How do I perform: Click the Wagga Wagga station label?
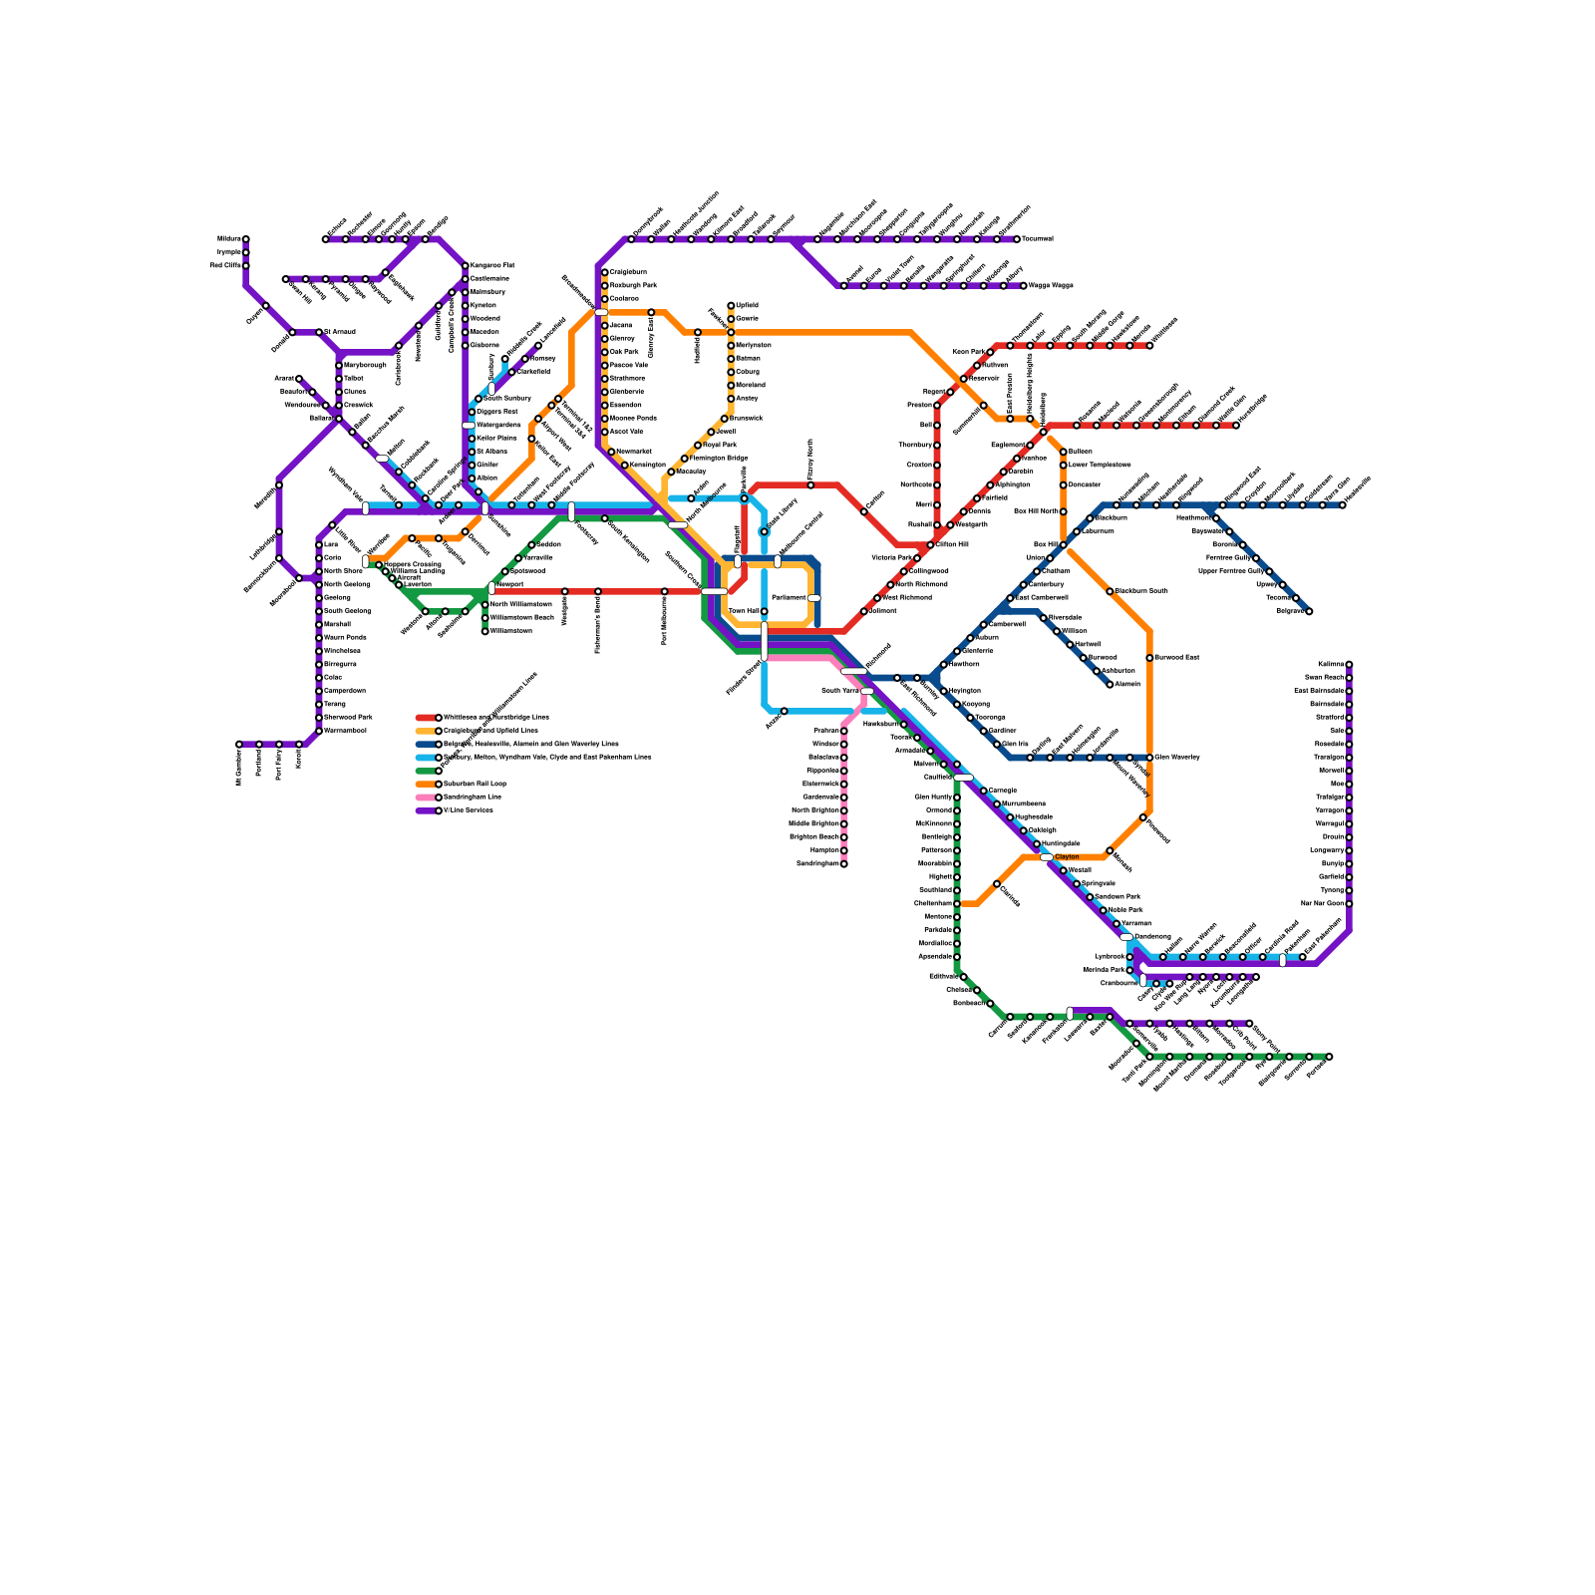1051,285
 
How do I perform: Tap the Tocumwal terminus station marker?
1017,239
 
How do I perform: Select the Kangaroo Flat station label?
492,265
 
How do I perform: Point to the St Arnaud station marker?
319,332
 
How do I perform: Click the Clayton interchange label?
1067,856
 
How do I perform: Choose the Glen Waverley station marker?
1149,757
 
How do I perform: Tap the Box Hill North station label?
1035,511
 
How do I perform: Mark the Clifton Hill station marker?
930,544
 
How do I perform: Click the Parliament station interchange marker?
813,597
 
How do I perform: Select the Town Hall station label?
744,611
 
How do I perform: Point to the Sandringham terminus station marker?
843,863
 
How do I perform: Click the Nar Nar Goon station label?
1323,903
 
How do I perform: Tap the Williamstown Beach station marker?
485,617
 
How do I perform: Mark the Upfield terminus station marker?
731,305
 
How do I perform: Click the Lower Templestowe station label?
1100,465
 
